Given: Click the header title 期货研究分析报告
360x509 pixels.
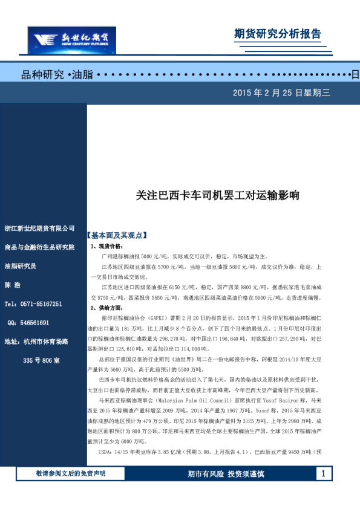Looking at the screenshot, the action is pos(277,34).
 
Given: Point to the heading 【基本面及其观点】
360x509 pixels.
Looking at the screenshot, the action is pos(117,235).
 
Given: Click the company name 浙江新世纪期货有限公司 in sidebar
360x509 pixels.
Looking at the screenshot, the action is pos(39,229).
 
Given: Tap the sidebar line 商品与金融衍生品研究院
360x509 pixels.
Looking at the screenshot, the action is pos(39,247).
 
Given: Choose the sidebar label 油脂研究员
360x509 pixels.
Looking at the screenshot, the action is pos(21,266).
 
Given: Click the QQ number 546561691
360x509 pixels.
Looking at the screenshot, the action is pos(36,323).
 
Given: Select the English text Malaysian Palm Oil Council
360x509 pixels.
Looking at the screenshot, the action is pos(189,400).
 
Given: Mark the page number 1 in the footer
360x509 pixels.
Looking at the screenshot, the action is pos(324,473).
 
